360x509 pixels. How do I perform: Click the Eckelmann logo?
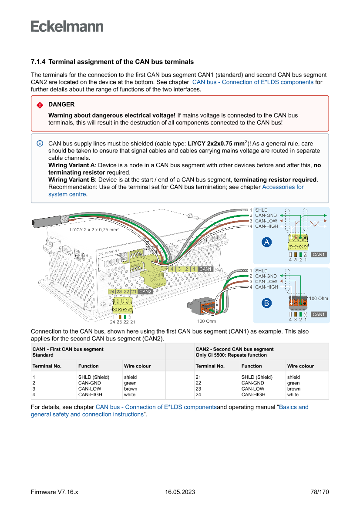point(67,26)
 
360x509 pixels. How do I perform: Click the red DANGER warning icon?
point(40,105)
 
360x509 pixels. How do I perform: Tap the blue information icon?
point(40,144)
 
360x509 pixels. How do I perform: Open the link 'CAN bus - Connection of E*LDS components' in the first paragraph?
point(252,82)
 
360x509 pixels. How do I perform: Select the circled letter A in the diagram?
point(266,242)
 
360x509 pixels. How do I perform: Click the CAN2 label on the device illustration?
point(145,291)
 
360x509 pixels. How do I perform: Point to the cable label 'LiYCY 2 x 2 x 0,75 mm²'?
point(94,229)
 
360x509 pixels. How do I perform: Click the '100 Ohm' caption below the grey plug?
point(206,321)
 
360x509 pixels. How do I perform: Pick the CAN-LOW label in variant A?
point(266,221)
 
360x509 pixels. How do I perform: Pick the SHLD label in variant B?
point(261,271)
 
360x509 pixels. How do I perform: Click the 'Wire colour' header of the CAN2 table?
point(300,366)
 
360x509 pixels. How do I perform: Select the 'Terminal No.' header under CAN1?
point(47,366)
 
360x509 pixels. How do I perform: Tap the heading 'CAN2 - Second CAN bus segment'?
point(235,349)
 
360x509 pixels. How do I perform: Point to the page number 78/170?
point(320,492)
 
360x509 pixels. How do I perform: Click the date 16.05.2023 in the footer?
point(180,492)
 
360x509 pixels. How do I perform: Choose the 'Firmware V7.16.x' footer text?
point(54,492)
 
